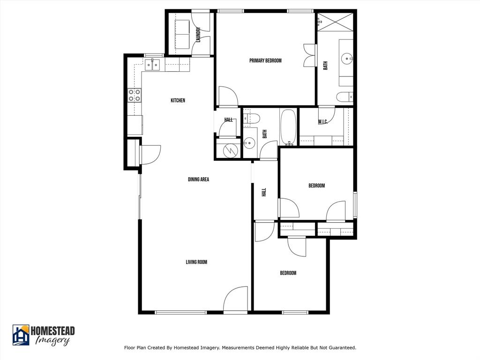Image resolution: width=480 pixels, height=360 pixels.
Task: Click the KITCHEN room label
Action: click(178, 100)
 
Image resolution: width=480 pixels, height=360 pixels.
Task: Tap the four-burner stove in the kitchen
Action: click(135, 95)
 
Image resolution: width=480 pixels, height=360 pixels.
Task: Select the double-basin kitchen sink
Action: click(152, 64)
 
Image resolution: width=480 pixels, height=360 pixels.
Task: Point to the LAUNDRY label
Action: click(198, 34)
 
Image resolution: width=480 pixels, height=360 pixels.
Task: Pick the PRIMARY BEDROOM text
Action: click(265, 60)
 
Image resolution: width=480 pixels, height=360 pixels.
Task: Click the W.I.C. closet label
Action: click(322, 122)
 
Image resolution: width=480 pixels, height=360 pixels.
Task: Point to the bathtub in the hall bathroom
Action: click(288, 127)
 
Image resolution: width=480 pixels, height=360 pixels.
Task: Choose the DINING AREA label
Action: click(198, 179)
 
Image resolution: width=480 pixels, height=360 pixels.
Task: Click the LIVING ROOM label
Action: click(196, 262)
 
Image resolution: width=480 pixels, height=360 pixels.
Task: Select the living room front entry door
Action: click(235, 300)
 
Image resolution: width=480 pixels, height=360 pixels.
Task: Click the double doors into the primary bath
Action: click(309, 55)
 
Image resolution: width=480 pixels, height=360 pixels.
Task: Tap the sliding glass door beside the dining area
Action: click(139, 195)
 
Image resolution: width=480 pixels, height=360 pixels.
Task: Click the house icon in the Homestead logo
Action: click(21, 335)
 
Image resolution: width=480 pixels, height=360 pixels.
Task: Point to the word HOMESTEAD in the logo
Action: click(52, 331)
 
